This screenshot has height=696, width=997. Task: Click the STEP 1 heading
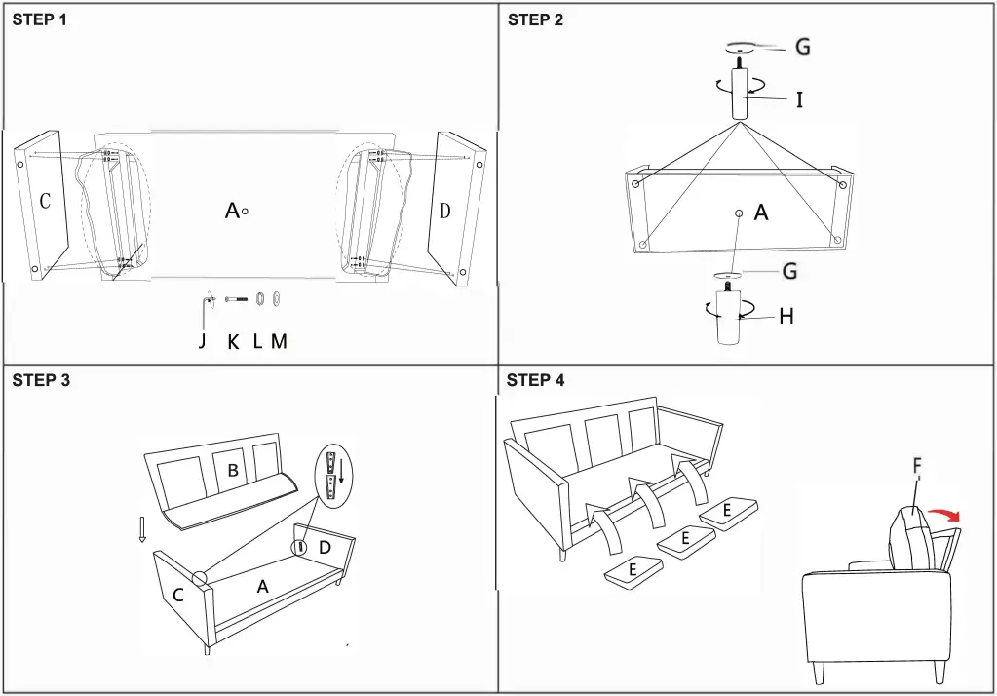[40, 19]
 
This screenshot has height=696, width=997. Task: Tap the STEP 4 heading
[535, 380]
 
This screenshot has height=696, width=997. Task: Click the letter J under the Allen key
[203, 341]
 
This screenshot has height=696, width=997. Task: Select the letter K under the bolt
[233, 342]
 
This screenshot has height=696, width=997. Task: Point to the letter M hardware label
[279, 342]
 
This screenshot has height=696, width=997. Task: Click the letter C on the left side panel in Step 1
[45, 202]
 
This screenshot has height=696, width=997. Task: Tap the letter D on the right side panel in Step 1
[445, 211]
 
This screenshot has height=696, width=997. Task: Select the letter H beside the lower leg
[786, 316]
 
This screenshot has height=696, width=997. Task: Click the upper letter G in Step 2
[802, 47]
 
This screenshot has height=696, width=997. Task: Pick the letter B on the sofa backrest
[233, 471]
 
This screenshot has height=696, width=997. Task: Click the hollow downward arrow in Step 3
[143, 529]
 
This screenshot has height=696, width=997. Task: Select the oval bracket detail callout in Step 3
[335, 475]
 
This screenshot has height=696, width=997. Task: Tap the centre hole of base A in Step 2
[739, 213]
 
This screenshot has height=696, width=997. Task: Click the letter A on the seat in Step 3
[261, 586]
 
